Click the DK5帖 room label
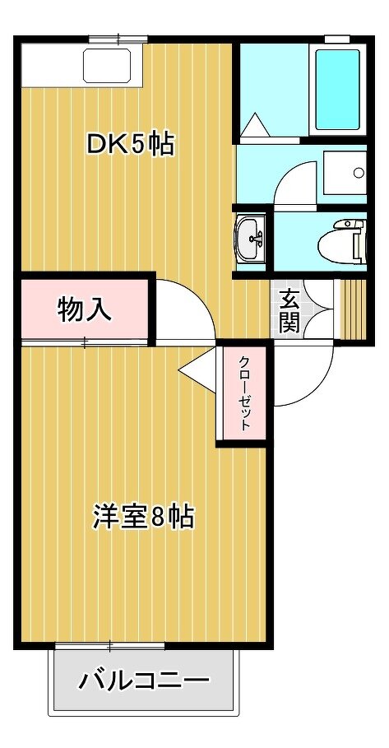[130, 145]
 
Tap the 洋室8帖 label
[143, 517]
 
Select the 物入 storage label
[85, 309]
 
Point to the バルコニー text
[144, 680]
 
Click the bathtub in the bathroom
[337, 90]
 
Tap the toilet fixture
[341, 242]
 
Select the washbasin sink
[251, 238]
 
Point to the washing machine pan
[345, 172]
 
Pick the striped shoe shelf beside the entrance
[354, 309]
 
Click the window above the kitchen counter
[118, 38]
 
